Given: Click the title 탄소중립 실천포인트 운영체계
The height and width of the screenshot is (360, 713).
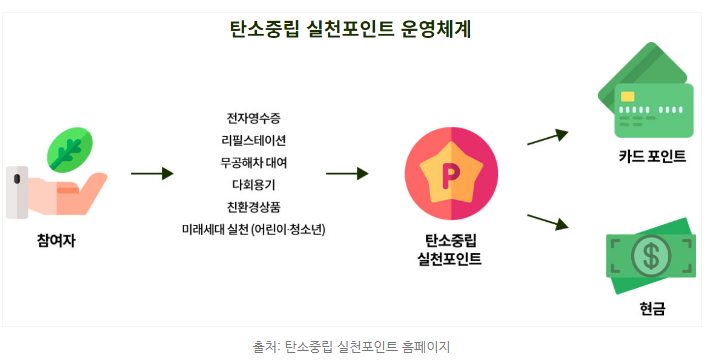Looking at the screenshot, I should (356, 29).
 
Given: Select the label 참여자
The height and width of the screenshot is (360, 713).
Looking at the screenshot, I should (56, 240).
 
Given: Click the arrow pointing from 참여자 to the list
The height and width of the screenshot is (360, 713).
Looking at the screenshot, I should (152, 173).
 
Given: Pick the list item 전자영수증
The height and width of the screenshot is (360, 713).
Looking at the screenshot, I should (254, 117).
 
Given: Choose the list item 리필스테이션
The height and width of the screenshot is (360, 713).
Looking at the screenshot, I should (254, 140).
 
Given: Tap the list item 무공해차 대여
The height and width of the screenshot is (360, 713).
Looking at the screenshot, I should (254, 162).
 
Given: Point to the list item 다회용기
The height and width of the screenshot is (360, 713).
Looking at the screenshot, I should (254, 184).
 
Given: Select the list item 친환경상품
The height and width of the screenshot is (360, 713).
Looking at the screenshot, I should (254, 206).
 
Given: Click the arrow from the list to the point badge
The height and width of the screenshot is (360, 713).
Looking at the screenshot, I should (347, 173).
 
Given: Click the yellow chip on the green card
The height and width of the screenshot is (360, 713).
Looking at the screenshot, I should (628, 97).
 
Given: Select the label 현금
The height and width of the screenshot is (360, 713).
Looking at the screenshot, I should (652, 310).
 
